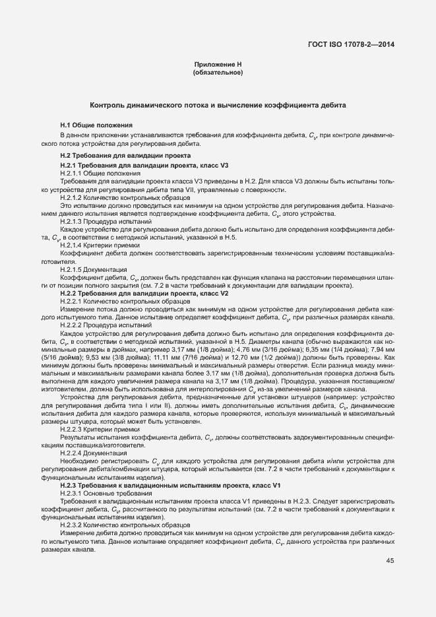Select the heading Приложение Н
pos(218,63)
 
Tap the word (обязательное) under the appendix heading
pos(218,72)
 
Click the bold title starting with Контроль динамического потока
pos(218,106)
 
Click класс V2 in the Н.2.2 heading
pos(216,292)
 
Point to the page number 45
pos(390,562)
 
